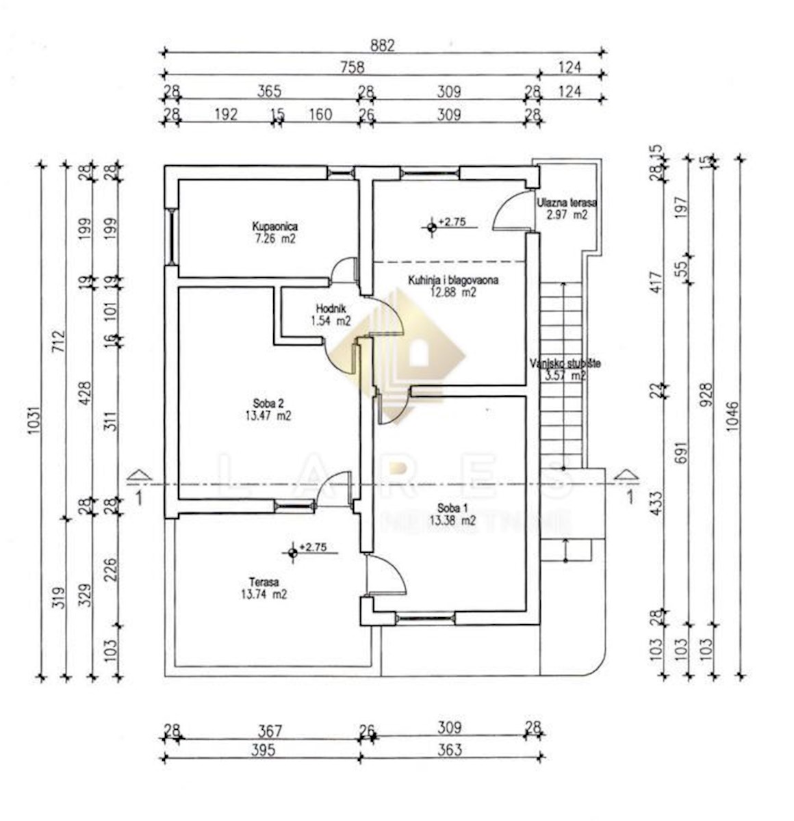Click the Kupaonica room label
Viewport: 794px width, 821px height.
pyautogui.click(x=274, y=226)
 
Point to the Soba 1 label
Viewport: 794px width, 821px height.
pyautogui.click(x=452, y=508)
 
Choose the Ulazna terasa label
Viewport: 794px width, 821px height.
pyautogui.click(x=567, y=203)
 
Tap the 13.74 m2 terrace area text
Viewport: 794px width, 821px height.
pyautogui.click(x=264, y=595)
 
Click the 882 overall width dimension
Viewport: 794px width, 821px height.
pyautogui.click(x=383, y=45)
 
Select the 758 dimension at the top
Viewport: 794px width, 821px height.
pyautogui.click(x=352, y=67)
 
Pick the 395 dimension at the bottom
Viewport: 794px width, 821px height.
pyautogui.click(x=262, y=750)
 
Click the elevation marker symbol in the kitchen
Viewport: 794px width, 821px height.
pyautogui.click(x=431, y=226)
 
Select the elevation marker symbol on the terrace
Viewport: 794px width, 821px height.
pyautogui.click(x=293, y=552)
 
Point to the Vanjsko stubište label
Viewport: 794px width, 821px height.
pyautogui.click(x=565, y=364)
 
